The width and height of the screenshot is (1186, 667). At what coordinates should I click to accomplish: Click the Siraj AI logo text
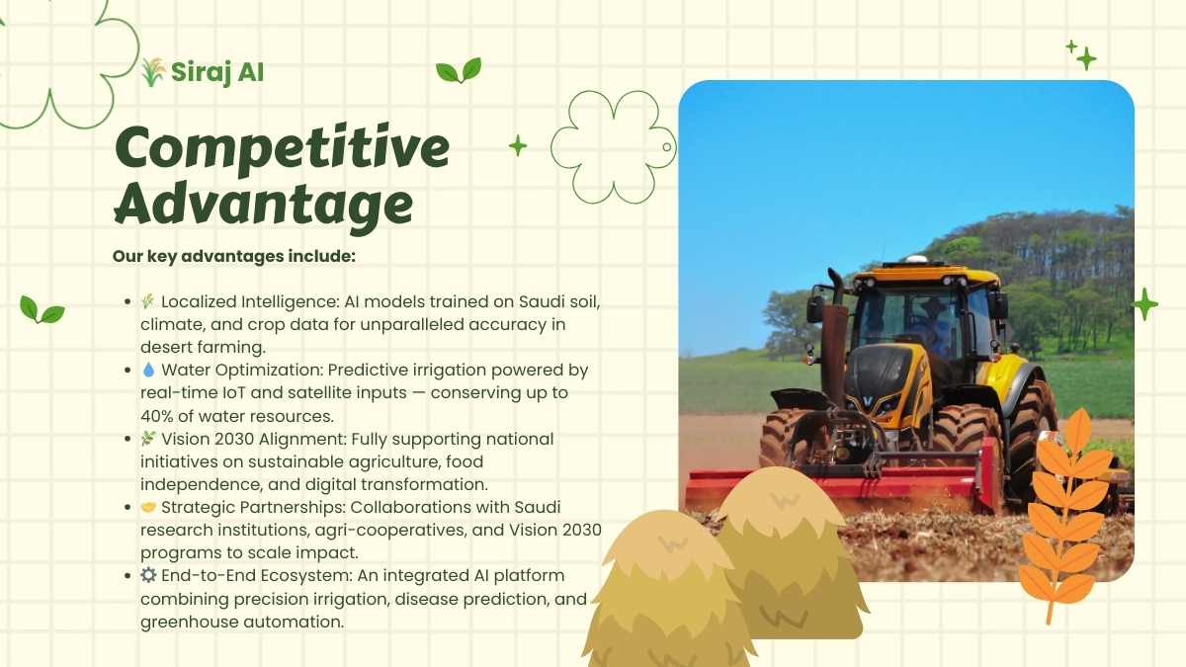click(x=217, y=72)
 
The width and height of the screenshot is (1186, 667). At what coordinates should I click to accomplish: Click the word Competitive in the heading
click(x=283, y=148)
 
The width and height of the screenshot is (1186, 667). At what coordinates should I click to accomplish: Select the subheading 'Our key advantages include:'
click(x=234, y=256)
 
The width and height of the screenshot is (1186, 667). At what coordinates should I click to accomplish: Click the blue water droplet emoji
click(x=148, y=370)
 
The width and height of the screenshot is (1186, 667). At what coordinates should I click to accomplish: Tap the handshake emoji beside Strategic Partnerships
click(x=148, y=507)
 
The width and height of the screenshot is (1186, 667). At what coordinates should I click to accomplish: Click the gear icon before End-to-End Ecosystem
click(x=148, y=575)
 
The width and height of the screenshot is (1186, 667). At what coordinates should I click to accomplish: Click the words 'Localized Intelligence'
click(x=250, y=301)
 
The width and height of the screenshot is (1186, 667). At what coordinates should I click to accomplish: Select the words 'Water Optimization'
click(x=242, y=370)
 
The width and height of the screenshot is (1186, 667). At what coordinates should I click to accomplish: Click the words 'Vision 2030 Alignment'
click(x=254, y=439)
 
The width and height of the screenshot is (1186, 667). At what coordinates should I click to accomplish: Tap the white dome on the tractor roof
click(x=914, y=260)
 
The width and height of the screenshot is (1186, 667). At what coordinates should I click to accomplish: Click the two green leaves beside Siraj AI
click(x=459, y=70)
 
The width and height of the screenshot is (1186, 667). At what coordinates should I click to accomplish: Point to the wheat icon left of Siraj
click(x=153, y=72)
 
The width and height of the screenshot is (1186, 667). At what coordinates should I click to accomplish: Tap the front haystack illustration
click(x=669, y=589)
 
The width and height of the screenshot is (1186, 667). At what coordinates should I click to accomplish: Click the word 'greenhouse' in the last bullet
click(x=189, y=622)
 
